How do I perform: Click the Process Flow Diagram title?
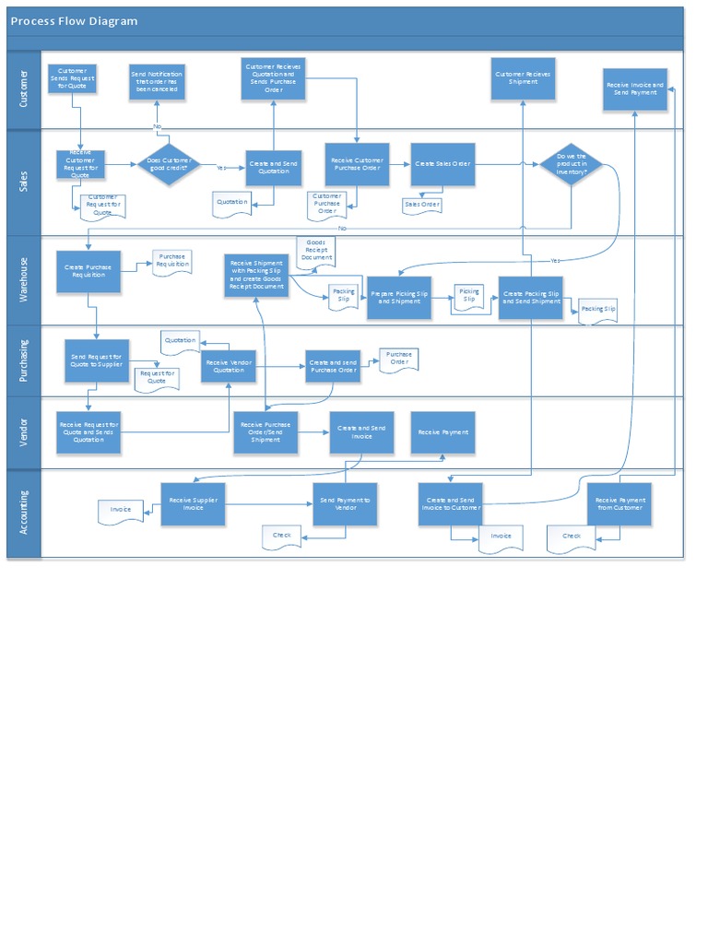coord(74,21)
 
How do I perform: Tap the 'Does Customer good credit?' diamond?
coord(169,165)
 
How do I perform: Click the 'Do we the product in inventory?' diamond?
coord(572,164)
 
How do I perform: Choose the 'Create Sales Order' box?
coord(442,164)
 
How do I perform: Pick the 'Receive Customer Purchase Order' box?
coord(357,164)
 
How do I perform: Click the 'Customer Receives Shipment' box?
coord(523,78)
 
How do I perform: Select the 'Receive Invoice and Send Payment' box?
coord(634,89)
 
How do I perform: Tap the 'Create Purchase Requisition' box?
coord(88,272)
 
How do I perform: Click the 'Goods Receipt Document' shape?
coord(315,251)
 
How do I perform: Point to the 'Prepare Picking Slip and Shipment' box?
coord(399,298)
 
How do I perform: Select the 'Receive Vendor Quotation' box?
coord(229,366)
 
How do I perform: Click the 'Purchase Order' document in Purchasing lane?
coord(398,359)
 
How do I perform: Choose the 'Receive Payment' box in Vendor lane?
coord(442,432)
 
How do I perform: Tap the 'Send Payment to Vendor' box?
coord(345,504)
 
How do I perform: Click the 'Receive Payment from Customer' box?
coord(619,504)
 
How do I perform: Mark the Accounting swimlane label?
coord(24,513)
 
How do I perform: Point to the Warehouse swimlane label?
coord(24,279)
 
